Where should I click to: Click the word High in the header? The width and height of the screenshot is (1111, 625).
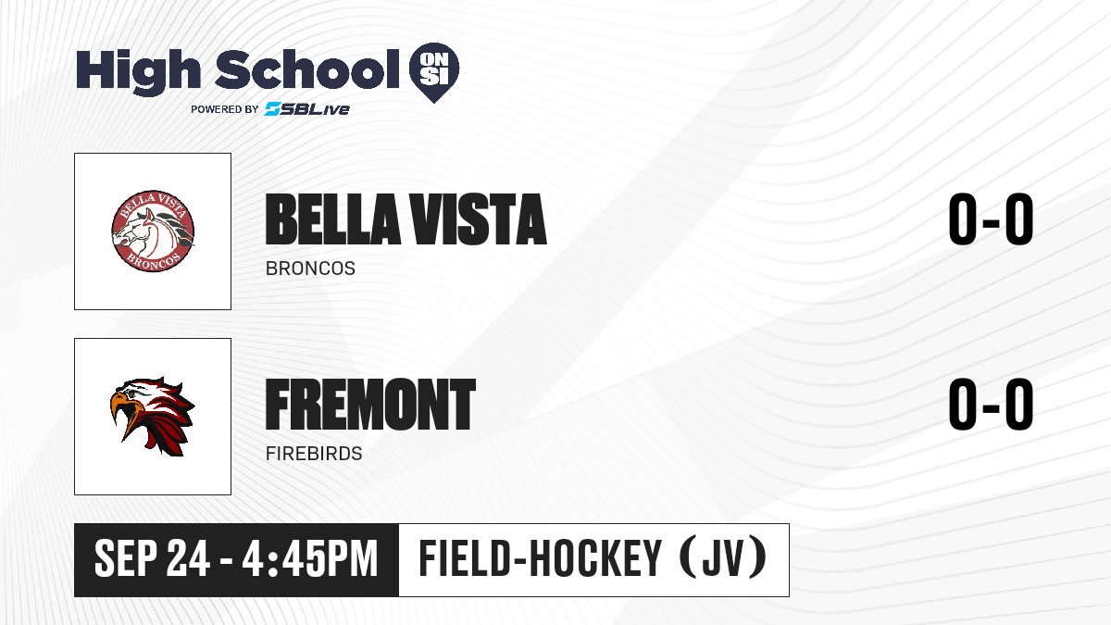138,72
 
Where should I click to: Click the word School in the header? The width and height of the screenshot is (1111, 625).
307,69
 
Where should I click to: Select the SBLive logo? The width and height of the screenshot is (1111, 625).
306,109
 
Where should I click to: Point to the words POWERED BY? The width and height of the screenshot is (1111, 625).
225,109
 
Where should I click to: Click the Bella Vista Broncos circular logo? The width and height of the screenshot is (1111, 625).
153,231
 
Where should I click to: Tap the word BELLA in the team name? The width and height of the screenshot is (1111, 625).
332,219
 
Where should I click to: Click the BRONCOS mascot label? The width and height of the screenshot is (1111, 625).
310,269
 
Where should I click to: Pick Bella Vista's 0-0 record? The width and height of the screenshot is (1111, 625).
991,219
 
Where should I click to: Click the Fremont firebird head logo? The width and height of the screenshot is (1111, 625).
152,416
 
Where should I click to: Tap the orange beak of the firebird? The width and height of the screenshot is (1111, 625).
124,412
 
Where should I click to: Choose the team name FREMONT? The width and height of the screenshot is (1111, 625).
370,404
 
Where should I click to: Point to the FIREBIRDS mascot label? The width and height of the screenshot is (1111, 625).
314,454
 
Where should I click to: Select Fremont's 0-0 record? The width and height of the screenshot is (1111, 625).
991,404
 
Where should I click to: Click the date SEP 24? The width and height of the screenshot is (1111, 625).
152,558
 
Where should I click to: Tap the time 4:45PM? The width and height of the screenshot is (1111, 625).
310,558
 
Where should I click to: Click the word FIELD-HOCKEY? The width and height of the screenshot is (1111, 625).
540,558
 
